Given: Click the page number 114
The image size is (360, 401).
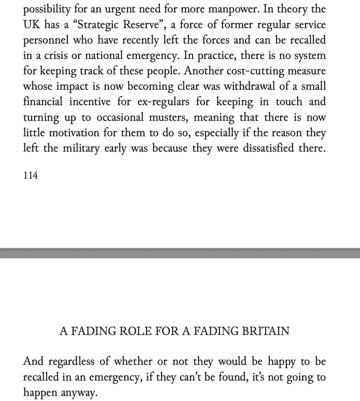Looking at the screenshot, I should point(31,176).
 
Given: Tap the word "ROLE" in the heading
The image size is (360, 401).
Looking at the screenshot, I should point(123,331).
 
